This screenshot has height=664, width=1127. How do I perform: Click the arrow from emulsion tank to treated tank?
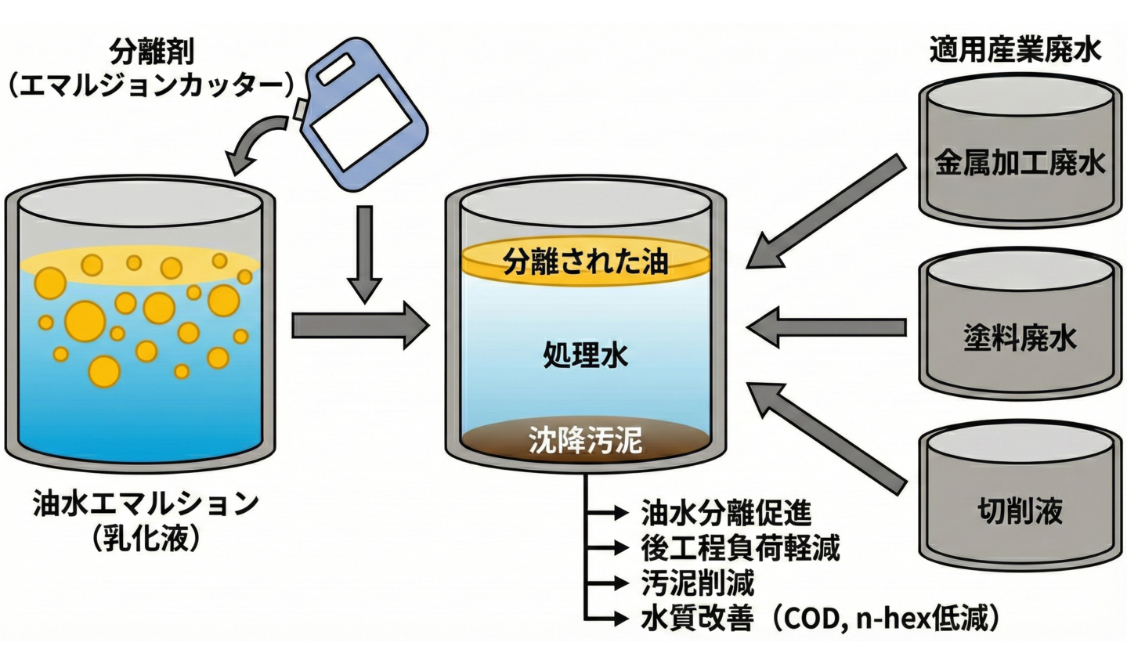(x=360, y=325)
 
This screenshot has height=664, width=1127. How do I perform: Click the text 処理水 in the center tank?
(x=585, y=356)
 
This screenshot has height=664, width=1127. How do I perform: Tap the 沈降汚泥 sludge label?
(x=585, y=440)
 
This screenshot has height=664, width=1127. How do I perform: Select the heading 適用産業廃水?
(x=1015, y=50)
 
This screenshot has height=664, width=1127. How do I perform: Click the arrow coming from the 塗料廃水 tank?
(x=826, y=327)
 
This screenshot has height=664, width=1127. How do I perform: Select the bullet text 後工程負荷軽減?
(x=740, y=548)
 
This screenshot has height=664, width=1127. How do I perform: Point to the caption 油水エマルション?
(x=146, y=503)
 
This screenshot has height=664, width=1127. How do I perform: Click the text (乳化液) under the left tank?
(x=146, y=538)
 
